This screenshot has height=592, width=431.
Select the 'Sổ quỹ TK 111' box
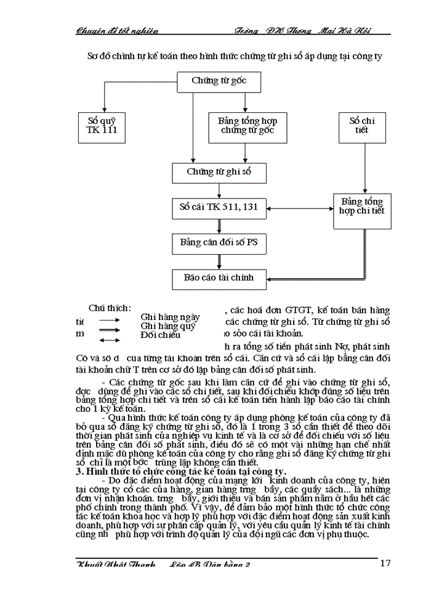click(102, 126)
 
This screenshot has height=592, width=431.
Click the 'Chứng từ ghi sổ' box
click(219, 172)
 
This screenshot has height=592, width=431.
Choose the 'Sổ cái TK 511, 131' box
click(219, 207)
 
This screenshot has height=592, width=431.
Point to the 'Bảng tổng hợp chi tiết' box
click(361, 207)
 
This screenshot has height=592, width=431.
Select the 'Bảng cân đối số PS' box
click(219, 243)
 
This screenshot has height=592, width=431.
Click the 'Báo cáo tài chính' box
click(219, 277)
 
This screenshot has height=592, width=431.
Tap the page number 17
click(385, 562)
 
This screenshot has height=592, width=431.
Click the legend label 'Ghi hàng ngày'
click(170, 316)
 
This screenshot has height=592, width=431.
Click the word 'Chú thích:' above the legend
click(110, 308)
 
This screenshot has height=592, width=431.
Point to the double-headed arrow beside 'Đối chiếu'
click(110, 340)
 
